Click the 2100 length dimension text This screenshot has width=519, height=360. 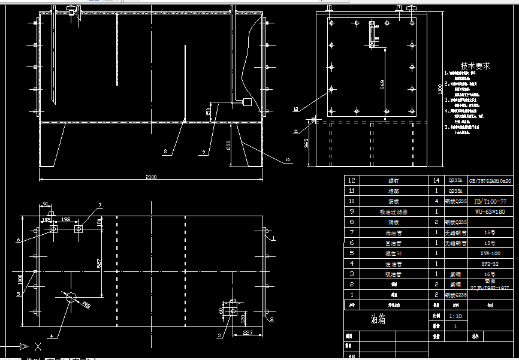[150, 177]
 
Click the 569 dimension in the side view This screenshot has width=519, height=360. [382, 85]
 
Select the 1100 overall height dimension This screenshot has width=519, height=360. [439, 89]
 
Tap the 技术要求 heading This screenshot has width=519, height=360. [475, 66]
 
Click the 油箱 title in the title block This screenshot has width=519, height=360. [378, 319]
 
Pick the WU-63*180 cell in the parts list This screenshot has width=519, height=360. [490, 211]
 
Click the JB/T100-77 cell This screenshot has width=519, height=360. [490, 201]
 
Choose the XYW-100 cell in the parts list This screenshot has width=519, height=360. [490, 253]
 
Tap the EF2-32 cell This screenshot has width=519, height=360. [490, 264]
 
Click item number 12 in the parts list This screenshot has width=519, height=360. [352, 180]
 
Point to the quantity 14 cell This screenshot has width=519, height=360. [436, 180]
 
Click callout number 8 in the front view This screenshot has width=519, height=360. [165, 152]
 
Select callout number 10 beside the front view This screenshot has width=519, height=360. [287, 160]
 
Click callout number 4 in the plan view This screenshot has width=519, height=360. [51, 337]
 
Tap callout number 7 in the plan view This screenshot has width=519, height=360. [100, 205]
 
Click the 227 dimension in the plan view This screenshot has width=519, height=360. [248, 333]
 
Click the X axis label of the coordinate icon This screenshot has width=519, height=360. [38, 347]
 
